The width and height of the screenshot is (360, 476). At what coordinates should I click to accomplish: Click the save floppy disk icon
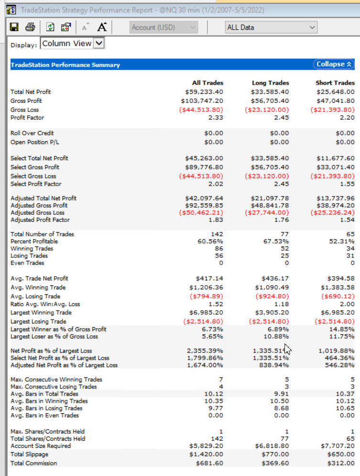pyautogui.click(x=14, y=27)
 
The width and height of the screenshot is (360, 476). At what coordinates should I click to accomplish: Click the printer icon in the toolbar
pyautogui.click(x=30, y=27)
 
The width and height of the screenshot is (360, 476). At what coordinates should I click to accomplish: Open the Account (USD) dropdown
pyautogui.click(x=164, y=27)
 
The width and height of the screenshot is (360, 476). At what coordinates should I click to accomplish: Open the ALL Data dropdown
pyautogui.click(x=271, y=27)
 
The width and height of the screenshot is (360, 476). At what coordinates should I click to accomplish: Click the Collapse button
pyautogui.click(x=334, y=64)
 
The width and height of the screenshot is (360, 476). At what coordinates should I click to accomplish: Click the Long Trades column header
pyautogui.click(x=270, y=83)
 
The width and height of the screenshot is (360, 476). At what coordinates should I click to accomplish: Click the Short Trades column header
pyautogui.click(x=335, y=83)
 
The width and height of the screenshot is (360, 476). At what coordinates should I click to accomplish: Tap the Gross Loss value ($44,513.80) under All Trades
pyautogui.click(x=201, y=110)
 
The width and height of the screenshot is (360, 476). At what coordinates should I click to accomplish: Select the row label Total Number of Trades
pyautogui.click(x=42, y=234)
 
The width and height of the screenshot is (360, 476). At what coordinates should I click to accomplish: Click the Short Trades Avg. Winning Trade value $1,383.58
pyautogui.click(x=336, y=288)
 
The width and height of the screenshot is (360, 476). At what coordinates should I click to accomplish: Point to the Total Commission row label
pyautogui.click(x=33, y=463)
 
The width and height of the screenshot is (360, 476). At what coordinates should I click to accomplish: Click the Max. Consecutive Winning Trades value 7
pyautogui.click(x=220, y=379)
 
